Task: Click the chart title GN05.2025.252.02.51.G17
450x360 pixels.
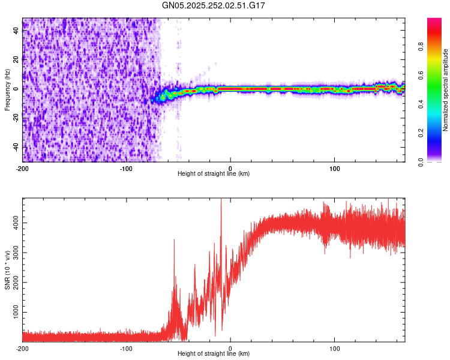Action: point(214,5)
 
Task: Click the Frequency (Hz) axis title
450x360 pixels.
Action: point(7,90)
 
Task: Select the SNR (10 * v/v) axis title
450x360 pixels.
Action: point(7,270)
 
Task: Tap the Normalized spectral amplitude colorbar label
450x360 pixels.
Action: point(446,90)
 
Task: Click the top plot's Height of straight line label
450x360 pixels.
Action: point(214,173)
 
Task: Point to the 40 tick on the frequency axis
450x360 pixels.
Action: point(16,31)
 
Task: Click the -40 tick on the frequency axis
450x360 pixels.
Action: point(16,147)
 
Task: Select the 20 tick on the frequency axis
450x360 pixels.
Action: point(16,60)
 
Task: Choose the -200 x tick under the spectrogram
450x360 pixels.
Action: point(22,167)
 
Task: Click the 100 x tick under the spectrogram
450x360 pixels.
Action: point(334,167)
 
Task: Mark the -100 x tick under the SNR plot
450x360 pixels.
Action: point(126,348)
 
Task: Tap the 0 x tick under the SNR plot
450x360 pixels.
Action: point(230,348)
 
